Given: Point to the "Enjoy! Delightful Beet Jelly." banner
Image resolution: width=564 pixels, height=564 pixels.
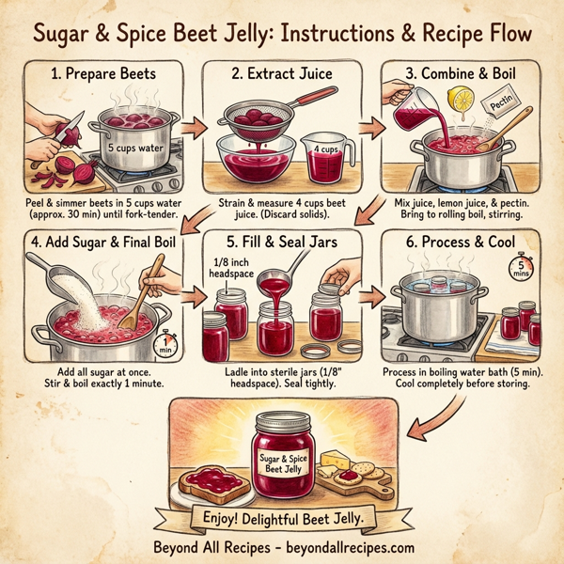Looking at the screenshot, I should point(282,519).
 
